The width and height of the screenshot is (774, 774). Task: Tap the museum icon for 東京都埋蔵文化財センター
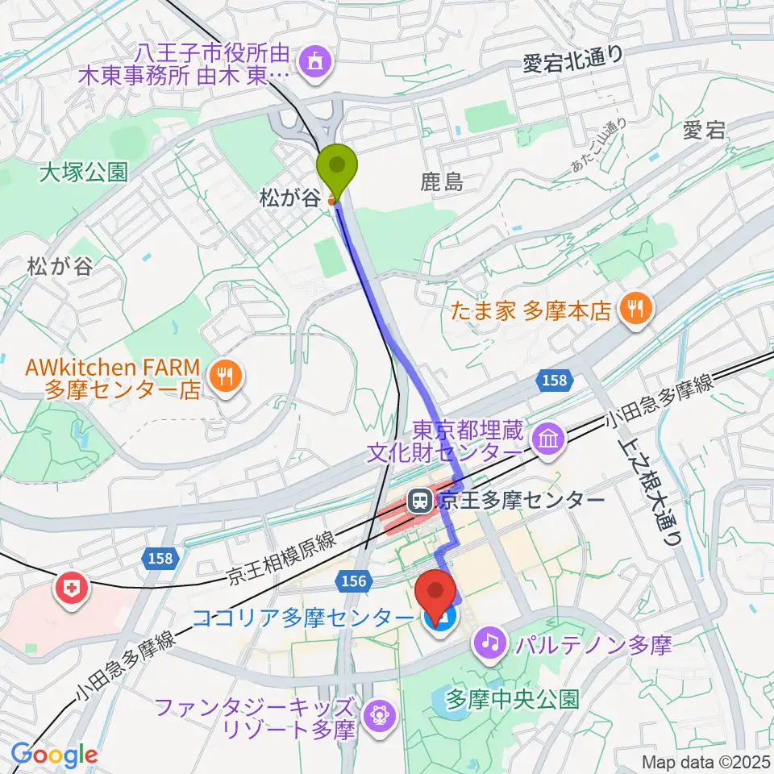[547, 440]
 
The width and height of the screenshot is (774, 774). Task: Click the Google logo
[55, 755]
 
